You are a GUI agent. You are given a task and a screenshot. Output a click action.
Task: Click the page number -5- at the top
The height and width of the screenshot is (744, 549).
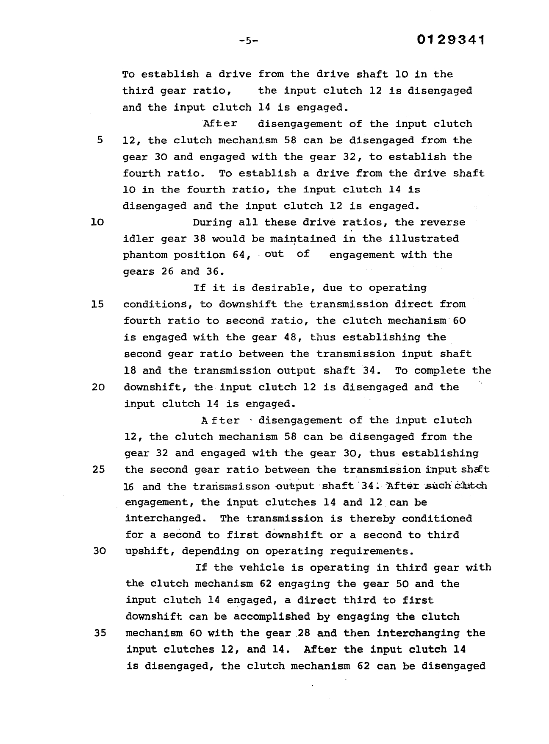click(248, 41)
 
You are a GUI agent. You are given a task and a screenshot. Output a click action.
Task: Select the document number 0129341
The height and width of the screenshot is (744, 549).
click(450, 40)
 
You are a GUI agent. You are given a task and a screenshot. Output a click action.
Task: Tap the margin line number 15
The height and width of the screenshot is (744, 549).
click(97, 304)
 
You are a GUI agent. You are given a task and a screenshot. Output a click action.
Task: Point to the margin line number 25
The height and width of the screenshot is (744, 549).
click(98, 470)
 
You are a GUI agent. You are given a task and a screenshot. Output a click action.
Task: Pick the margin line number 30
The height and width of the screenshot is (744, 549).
click(99, 552)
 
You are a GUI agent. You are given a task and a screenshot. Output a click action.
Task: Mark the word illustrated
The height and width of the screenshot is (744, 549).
click(424, 239)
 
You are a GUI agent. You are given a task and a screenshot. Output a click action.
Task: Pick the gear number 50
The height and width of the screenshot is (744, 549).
click(402, 584)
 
